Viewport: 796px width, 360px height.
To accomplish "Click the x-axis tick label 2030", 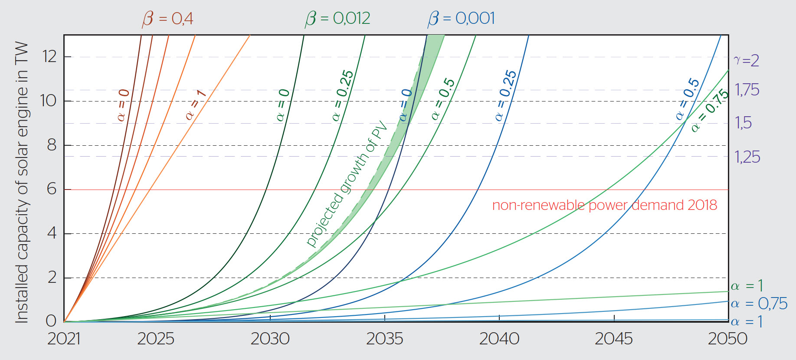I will coord(270,339).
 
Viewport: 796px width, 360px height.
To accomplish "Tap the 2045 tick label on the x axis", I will coord(613,339).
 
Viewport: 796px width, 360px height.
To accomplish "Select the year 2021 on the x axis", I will coord(64,339).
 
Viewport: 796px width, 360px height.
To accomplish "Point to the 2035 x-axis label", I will coord(384,339).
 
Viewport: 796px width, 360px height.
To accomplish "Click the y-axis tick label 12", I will coord(49,56).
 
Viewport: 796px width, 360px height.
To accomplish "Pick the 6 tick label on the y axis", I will coord(52,189).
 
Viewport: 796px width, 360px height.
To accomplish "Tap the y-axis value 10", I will coord(48,101).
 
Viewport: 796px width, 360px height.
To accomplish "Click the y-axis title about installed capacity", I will coord(22,182).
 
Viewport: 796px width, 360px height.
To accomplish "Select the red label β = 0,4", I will coord(167,19).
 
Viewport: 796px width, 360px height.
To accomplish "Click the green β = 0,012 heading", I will coord(337,19).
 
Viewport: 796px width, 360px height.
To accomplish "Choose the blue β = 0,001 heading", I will coord(461,19).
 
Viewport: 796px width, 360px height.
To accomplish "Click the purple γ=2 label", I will coord(746,60).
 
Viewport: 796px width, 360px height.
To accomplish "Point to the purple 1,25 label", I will coord(747,157).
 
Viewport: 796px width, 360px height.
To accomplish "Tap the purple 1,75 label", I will coord(747,90).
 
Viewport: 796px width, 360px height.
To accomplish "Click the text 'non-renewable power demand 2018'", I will coord(604,205).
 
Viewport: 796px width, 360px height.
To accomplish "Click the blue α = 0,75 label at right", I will coord(759,304).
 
